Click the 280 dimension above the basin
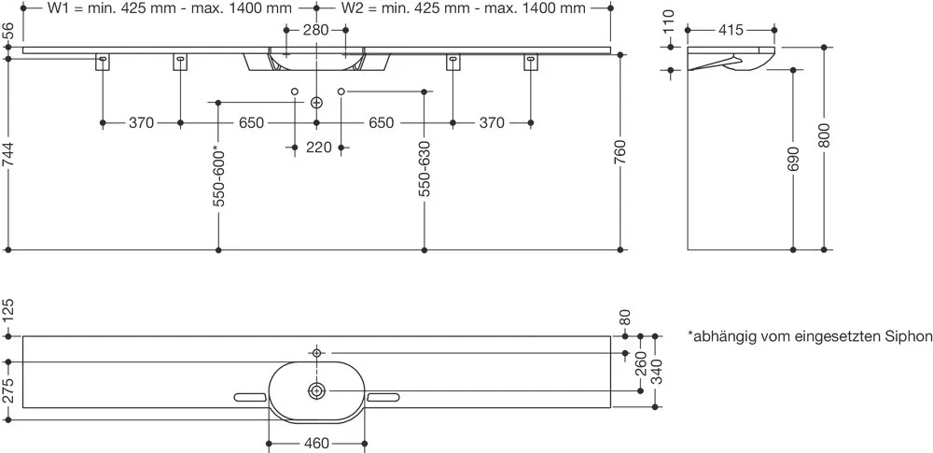click(x=316, y=30)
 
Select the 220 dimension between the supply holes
click(x=318, y=147)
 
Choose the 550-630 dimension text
click(x=425, y=169)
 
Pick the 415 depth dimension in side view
click(x=731, y=30)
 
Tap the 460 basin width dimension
click(x=316, y=444)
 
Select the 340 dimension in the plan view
click(x=656, y=371)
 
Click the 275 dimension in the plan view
click(x=8, y=391)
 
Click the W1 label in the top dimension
click(x=58, y=7)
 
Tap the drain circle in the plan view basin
click(x=316, y=391)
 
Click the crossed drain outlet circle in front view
click(x=316, y=103)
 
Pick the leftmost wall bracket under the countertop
click(x=103, y=62)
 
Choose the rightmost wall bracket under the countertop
click(x=530, y=62)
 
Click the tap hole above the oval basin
click(x=316, y=353)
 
